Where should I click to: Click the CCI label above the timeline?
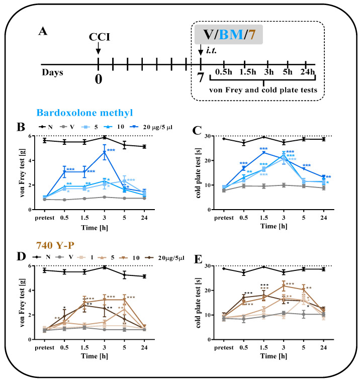point(100,37)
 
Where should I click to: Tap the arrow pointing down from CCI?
point(98,48)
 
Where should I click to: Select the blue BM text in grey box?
point(231,34)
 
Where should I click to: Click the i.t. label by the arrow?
point(211,50)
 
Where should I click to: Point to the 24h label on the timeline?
point(308,72)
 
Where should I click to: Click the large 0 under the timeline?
point(99,79)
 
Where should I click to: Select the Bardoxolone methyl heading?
point(84,113)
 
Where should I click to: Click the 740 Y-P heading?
point(55,245)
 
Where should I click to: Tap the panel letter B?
point(21,127)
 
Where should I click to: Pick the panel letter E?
point(198,259)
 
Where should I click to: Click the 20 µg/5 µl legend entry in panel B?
point(151,127)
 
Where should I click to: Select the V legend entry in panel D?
point(64,257)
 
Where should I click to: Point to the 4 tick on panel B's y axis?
point(30,160)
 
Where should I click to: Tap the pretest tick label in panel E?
point(224,347)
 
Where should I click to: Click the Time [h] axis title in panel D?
point(95,356)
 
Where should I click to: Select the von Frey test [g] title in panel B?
point(22,173)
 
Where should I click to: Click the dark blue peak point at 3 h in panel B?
point(105,152)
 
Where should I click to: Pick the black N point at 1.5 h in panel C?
point(264,137)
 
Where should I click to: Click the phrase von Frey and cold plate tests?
point(263,90)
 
